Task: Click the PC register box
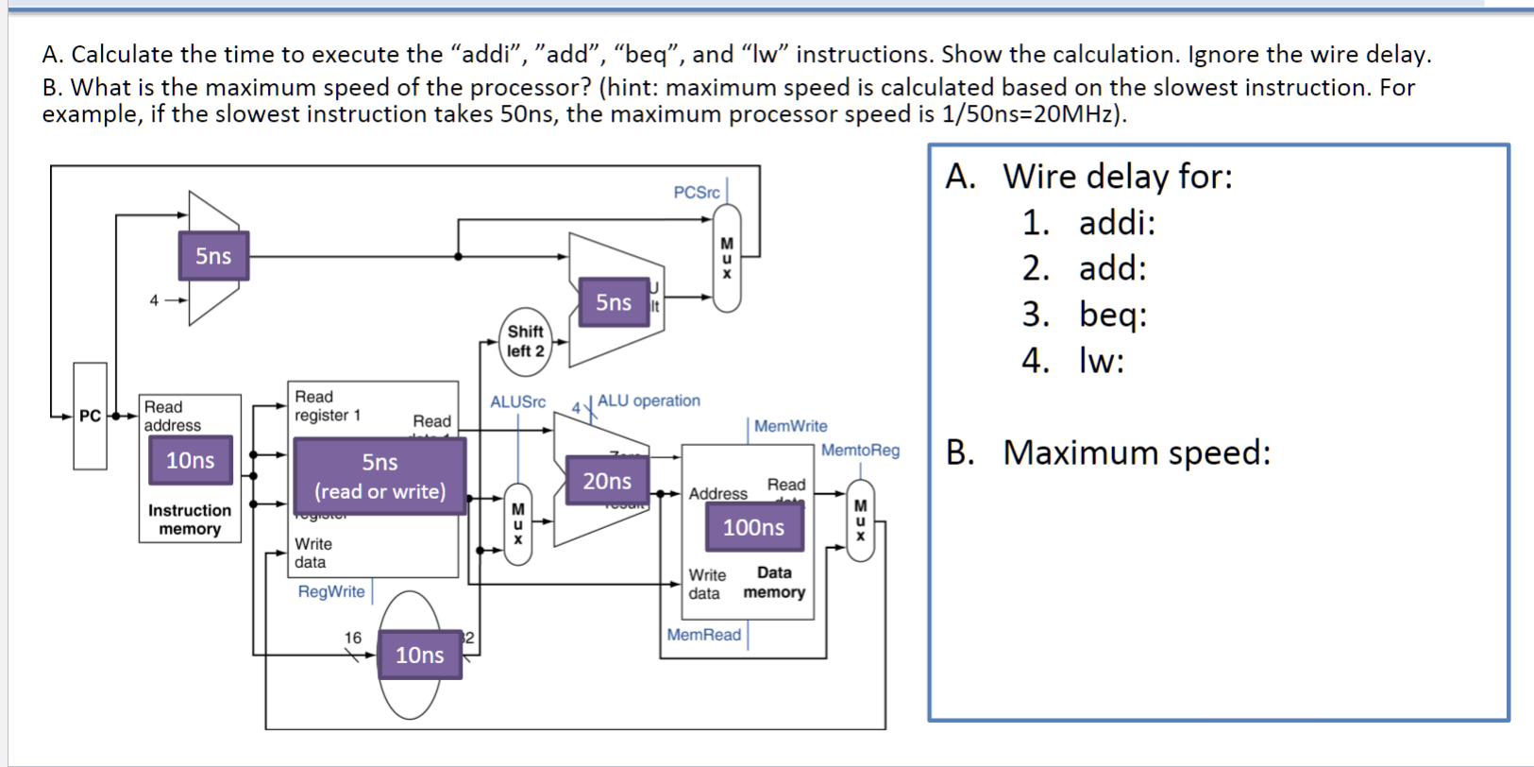point(90,416)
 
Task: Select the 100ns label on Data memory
point(753,527)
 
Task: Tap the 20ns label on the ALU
point(607,481)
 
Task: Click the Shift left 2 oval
point(526,341)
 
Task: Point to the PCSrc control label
point(696,193)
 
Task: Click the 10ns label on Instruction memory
point(190,460)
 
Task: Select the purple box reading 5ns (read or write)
point(379,476)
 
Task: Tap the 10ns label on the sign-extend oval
point(419,655)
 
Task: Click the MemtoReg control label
point(860,451)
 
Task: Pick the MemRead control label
point(703,635)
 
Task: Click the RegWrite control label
point(331,592)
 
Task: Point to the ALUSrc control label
point(517,401)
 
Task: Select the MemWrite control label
point(790,427)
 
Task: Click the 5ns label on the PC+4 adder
point(213,256)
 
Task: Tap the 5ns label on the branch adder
point(614,302)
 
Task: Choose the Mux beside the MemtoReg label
point(860,521)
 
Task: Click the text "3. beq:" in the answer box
point(1085,315)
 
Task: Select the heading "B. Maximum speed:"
point(1108,452)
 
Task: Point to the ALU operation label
point(649,401)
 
